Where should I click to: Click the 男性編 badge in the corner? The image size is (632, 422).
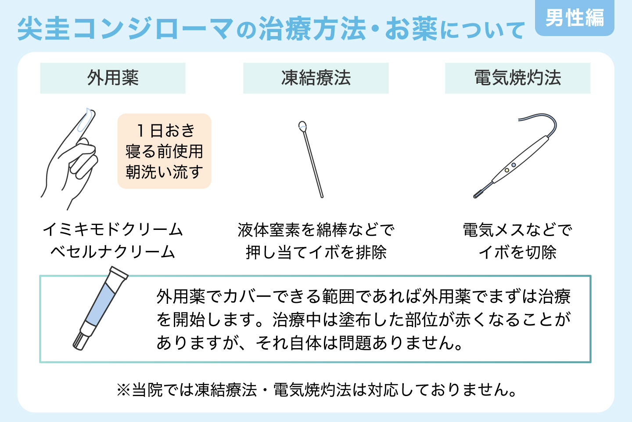[575, 18]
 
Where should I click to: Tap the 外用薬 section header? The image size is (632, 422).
[113, 78]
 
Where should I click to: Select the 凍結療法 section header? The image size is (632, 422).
[316, 78]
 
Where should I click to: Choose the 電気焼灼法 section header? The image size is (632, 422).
[518, 78]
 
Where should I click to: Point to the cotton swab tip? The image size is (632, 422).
[302, 127]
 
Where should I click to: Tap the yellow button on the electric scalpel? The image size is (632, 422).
[507, 170]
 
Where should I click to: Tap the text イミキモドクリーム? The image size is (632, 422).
[113, 229]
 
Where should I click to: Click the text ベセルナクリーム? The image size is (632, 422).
[113, 252]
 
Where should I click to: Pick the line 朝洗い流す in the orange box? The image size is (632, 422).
[164, 172]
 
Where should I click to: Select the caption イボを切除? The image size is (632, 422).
[518, 252]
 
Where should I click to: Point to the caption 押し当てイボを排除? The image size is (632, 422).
[316, 252]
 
